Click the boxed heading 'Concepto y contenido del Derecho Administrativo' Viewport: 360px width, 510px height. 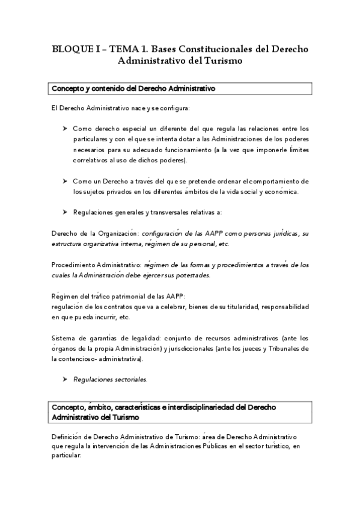point(133,88)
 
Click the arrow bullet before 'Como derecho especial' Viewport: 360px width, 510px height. point(65,129)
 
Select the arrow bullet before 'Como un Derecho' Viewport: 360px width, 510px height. point(65,181)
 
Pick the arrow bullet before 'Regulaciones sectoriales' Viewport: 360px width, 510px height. point(65,380)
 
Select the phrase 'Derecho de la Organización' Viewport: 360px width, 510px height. point(94,233)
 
